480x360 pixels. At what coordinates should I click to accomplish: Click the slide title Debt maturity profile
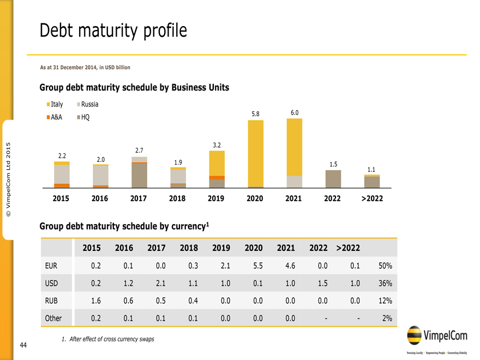(x=113, y=31)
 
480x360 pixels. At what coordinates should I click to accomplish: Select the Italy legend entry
(x=55, y=104)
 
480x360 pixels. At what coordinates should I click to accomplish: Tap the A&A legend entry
(x=55, y=117)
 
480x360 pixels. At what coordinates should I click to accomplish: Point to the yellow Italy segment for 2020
(x=255, y=153)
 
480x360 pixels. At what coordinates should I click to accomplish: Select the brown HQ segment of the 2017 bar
(x=139, y=175)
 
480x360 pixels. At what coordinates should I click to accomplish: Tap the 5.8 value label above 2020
(x=255, y=114)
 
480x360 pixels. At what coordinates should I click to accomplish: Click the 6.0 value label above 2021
(x=295, y=112)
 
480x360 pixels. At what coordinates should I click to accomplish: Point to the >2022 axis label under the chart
(x=372, y=199)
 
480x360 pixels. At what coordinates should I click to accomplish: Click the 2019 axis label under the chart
(x=217, y=199)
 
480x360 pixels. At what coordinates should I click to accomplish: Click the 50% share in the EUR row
(x=385, y=266)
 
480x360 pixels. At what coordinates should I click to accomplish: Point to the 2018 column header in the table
(x=189, y=248)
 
